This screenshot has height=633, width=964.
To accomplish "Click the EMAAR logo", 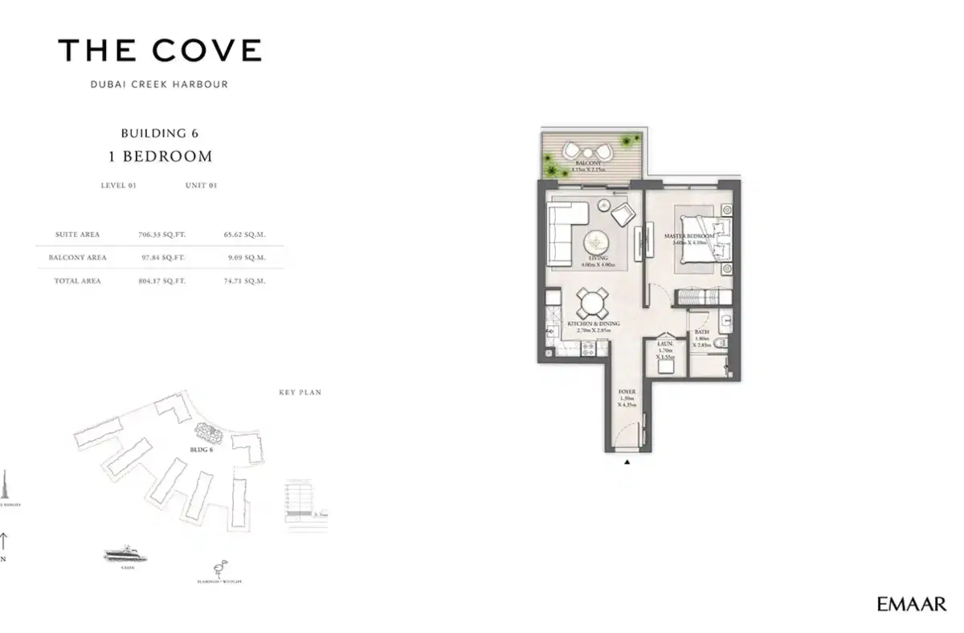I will click(x=912, y=604).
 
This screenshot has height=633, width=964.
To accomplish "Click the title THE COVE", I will click(x=160, y=51).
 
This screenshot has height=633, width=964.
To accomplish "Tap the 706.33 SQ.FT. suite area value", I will click(x=161, y=235).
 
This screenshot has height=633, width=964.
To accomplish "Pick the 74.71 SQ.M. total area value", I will click(x=244, y=281).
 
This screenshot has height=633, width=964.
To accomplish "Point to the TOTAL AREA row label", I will click(x=77, y=281).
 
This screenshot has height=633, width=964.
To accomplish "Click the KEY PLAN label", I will click(x=300, y=393).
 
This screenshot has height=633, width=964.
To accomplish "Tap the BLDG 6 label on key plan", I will click(x=201, y=449).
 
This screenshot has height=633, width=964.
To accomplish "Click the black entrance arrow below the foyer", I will click(x=627, y=463).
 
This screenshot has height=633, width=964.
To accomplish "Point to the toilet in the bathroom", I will click(x=721, y=343).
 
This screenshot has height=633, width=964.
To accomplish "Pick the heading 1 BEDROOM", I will click(x=165, y=156).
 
